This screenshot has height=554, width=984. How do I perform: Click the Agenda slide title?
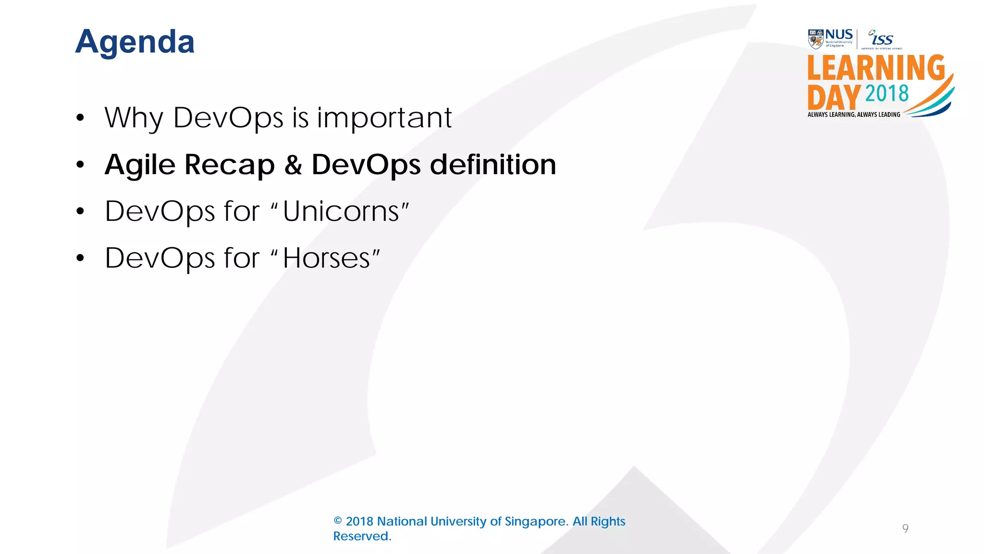point(135,42)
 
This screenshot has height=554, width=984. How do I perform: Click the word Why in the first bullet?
point(134,118)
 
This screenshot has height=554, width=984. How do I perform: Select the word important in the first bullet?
point(384,118)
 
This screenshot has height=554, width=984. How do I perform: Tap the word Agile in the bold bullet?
point(140,165)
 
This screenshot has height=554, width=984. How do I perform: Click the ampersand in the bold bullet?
point(293,165)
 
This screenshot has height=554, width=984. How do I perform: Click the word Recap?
point(230,165)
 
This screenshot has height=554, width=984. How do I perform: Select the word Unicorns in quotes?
point(341,211)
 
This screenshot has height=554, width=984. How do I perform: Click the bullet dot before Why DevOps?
point(80,118)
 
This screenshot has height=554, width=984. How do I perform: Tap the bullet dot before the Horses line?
point(80,258)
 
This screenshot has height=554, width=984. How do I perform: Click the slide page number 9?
point(905,529)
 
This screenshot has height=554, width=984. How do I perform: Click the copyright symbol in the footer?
point(338,521)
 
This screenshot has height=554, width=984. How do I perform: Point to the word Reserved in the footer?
point(362,536)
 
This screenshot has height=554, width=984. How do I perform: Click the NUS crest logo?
point(816,39)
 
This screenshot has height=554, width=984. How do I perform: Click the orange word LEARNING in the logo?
point(876,68)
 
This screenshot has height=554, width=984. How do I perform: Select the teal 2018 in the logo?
point(887,94)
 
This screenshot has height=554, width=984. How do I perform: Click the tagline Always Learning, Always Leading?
point(854,114)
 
